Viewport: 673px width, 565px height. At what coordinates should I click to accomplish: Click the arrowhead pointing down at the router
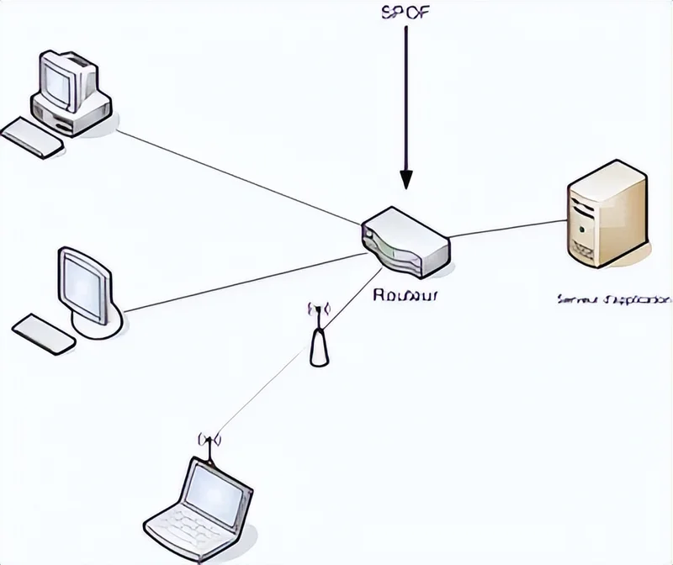click(406, 178)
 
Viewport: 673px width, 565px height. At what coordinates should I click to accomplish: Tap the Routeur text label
click(406, 295)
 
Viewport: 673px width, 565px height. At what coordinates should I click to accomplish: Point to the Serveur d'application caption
click(614, 298)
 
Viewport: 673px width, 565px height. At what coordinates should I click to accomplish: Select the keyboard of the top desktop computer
click(32, 137)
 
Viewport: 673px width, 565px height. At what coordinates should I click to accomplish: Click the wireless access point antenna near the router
click(319, 336)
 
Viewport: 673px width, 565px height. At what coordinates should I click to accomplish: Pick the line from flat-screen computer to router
click(244, 282)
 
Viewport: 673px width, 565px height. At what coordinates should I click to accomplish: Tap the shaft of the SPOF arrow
click(406, 92)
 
